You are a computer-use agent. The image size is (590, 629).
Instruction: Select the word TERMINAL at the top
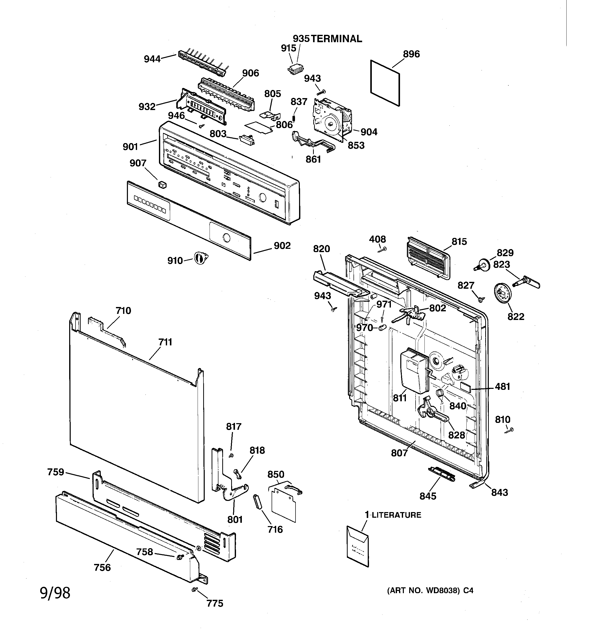tap(336, 39)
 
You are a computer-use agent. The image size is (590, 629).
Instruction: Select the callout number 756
tap(102, 567)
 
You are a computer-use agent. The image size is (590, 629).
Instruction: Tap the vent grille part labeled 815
tap(427, 258)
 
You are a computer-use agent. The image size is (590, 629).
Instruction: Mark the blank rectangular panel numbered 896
tap(385, 83)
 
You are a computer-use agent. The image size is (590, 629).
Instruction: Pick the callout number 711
tap(165, 342)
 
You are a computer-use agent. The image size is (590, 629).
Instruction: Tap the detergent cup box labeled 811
tap(413, 370)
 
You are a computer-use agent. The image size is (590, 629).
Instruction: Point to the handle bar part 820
tap(339, 282)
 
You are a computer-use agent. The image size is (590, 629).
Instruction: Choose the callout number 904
tap(369, 132)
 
